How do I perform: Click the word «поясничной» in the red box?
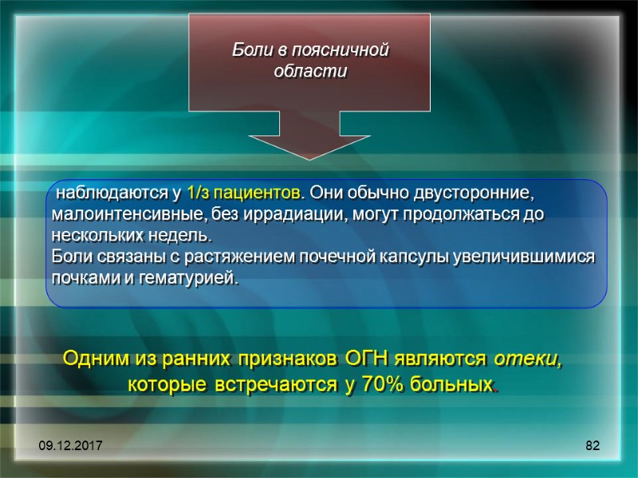pyautogui.click(x=348, y=50)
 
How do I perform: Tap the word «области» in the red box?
pyautogui.click(x=310, y=71)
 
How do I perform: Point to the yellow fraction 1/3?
pyautogui.click(x=197, y=194)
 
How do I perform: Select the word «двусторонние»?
pyautogui.click(x=481, y=194)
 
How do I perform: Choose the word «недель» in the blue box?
pyautogui.click(x=187, y=237)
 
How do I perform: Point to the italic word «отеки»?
pyautogui.click(x=526, y=360)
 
